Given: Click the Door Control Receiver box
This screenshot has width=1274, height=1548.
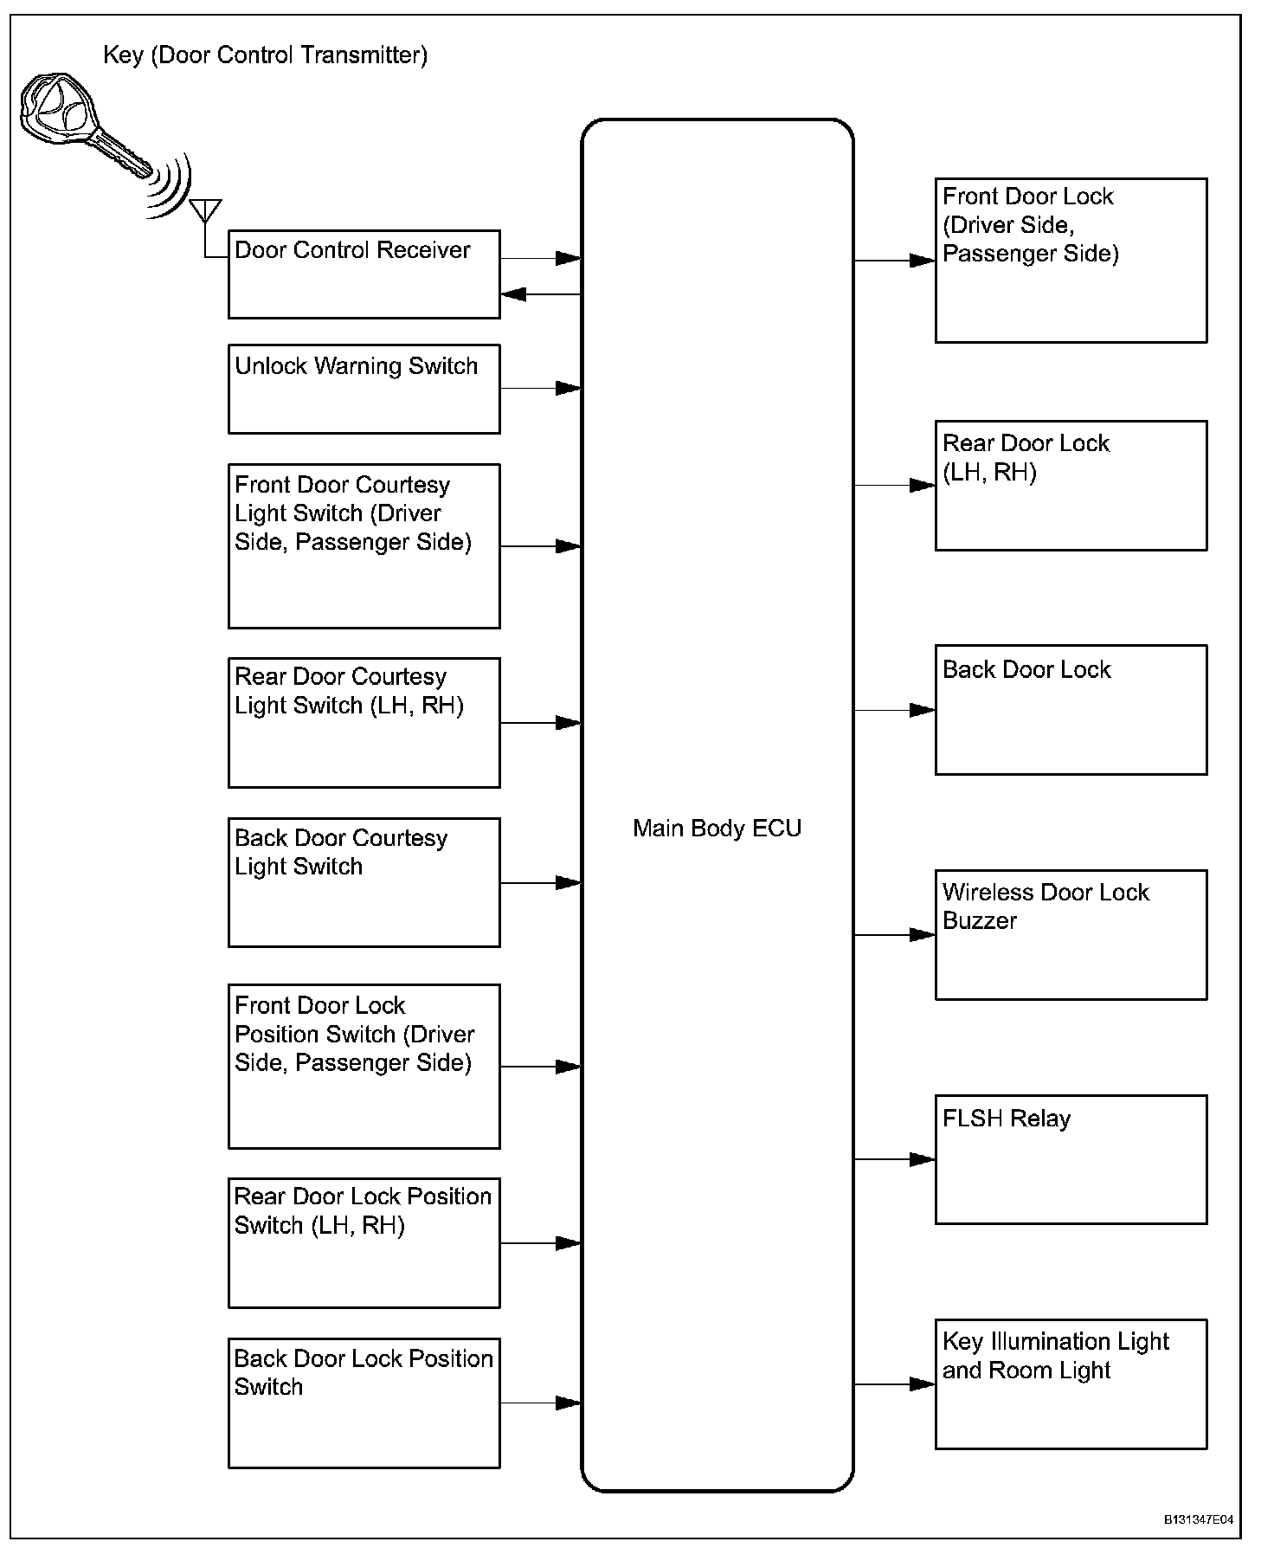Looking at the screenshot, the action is (x=364, y=274).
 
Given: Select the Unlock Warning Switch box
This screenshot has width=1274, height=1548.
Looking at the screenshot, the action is (x=364, y=389).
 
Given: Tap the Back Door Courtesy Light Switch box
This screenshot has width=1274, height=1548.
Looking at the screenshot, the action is (x=364, y=882).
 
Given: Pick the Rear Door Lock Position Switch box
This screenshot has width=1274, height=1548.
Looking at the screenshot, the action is (x=364, y=1242).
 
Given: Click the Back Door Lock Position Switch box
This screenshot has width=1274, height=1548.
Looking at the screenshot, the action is (x=364, y=1403).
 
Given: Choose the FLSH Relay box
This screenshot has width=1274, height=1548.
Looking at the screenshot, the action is (x=1071, y=1159).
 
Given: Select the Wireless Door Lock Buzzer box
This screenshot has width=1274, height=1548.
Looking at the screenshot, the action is (x=1071, y=935).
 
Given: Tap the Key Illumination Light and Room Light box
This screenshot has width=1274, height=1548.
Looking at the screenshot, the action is (x=1071, y=1384).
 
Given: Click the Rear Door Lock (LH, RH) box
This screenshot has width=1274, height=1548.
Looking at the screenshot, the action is (x=1071, y=486).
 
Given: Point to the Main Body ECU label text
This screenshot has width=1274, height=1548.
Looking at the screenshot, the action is (x=717, y=829).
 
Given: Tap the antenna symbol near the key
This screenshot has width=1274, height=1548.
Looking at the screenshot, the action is (x=205, y=210).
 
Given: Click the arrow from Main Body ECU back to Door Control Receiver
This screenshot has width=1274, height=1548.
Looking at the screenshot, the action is (x=540, y=294).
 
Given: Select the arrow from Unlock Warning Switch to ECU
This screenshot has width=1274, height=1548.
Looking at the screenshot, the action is (x=540, y=389).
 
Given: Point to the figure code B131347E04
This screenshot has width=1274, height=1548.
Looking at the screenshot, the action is (x=1198, y=1519).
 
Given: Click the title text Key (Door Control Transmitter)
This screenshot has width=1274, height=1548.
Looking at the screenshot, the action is (x=265, y=55).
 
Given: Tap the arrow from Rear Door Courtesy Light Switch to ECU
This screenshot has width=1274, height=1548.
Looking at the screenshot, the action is (x=540, y=722).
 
